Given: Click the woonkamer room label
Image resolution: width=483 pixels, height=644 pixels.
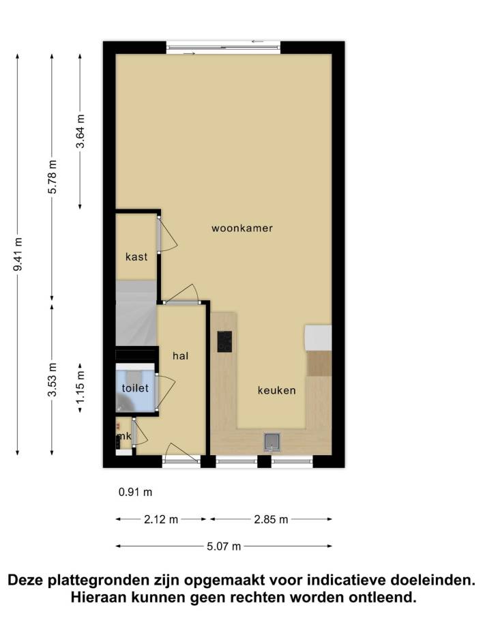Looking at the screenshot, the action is pos(242,229).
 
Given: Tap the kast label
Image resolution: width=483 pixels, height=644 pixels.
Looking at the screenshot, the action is pos(136,257).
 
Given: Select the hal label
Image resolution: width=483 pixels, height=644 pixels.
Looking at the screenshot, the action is pos(180,355).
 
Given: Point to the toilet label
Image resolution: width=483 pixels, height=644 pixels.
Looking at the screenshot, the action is pos(135,387).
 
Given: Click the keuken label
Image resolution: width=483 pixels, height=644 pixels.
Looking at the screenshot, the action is pos(276,390).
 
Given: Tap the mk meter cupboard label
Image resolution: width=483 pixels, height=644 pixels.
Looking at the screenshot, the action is pos(124,436).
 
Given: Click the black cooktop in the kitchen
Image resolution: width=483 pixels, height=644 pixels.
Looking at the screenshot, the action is pos(224,341).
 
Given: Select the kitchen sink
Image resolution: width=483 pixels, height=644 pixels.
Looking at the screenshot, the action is pos(272,442).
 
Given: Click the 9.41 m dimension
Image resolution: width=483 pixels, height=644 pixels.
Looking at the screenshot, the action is pos(18,254).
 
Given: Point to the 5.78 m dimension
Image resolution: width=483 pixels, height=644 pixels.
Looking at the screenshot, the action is pos(52,177).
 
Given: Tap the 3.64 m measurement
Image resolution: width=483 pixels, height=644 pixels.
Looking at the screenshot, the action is pos(80,131).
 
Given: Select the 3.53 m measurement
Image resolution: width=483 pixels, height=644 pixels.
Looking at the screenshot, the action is pos(52,380).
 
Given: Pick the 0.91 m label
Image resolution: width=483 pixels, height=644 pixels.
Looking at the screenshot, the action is pos(136,492).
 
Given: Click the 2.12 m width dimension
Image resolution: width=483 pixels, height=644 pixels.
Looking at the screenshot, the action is pos(161,520).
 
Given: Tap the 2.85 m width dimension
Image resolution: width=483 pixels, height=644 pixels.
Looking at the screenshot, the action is pos(271,520).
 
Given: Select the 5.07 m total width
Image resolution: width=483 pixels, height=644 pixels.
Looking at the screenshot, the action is pos(224,546).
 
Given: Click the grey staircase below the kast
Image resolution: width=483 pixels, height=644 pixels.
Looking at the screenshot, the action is pos(136,313).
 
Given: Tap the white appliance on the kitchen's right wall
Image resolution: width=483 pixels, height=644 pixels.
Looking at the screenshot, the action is pos(318,338).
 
